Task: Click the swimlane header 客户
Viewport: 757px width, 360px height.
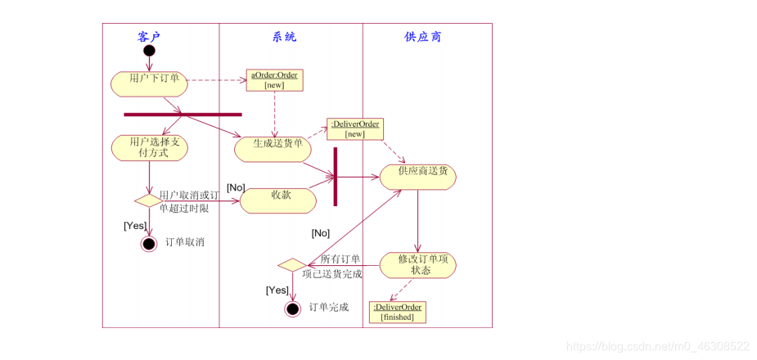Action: (x=149, y=37)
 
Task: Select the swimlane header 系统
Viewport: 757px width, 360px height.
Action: (x=284, y=37)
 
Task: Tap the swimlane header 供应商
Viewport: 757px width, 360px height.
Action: (x=423, y=37)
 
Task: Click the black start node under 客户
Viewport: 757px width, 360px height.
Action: (x=149, y=52)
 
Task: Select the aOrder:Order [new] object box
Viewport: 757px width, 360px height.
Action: (x=274, y=79)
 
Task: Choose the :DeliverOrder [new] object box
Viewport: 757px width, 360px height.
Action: (x=355, y=128)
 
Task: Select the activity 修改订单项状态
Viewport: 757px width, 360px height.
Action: (x=418, y=264)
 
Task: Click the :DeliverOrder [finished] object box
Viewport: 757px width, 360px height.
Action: (x=397, y=312)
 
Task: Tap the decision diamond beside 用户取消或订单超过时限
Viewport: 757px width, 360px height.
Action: (x=148, y=200)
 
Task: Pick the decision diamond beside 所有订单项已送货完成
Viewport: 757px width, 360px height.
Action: (x=291, y=265)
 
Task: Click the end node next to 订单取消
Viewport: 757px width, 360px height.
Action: (x=148, y=243)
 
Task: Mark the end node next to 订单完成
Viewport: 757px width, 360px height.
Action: (x=292, y=308)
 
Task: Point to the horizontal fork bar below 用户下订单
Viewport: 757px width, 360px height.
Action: (x=182, y=115)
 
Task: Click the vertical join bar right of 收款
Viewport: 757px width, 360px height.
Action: (x=336, y=176)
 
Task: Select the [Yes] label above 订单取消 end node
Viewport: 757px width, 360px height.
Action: (x=135, y=225)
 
